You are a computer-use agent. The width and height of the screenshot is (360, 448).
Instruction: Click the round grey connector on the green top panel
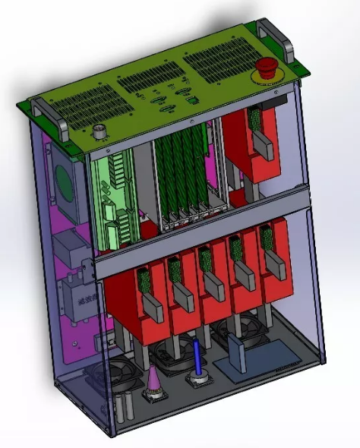pyautogui.click(x=99, y=132)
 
